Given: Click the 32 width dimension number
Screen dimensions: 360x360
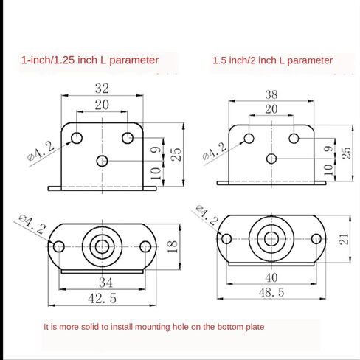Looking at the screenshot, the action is tap(102, 89).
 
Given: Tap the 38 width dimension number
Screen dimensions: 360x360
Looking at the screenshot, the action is tap(271, 94).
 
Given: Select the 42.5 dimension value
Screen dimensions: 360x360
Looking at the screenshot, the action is tap(102, 299).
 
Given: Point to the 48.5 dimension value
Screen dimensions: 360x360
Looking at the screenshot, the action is tap(271, 293).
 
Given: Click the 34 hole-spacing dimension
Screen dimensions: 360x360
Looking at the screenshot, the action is tap(105, 283).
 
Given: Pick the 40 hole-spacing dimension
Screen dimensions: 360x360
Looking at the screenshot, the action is tap(271, 278).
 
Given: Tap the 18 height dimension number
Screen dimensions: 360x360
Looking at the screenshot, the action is tap(173, 246).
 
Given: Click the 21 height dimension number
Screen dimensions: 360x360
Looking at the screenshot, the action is tap(344, 239).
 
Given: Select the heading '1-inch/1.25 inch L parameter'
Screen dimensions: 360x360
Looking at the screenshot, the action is tap(90, 60).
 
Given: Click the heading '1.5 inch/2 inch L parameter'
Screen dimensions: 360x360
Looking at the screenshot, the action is tap(272, 60).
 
